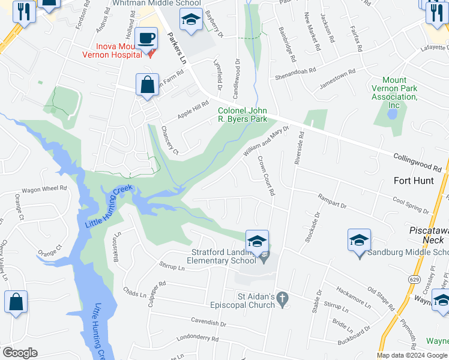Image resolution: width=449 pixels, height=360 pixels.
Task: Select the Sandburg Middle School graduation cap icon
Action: pos(359,241)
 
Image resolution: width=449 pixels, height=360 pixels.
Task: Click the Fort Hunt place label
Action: pos(414,180)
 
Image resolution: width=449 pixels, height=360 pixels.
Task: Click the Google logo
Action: pos(20,353)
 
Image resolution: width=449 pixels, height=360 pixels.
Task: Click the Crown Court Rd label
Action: pos(267,176)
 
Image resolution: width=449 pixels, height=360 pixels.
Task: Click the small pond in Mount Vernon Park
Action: pos(392,114)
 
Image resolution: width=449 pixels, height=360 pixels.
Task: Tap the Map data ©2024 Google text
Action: pos(412,355)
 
